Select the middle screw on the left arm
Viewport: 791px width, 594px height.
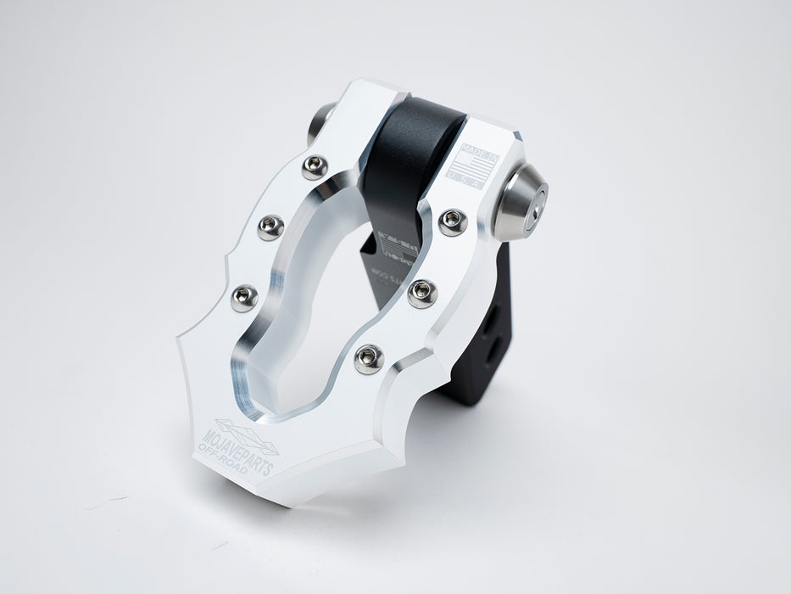[x=270, y=227]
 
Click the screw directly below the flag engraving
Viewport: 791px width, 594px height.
[x=453, y=222]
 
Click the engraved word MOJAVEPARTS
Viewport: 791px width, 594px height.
[x=239, y=437]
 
